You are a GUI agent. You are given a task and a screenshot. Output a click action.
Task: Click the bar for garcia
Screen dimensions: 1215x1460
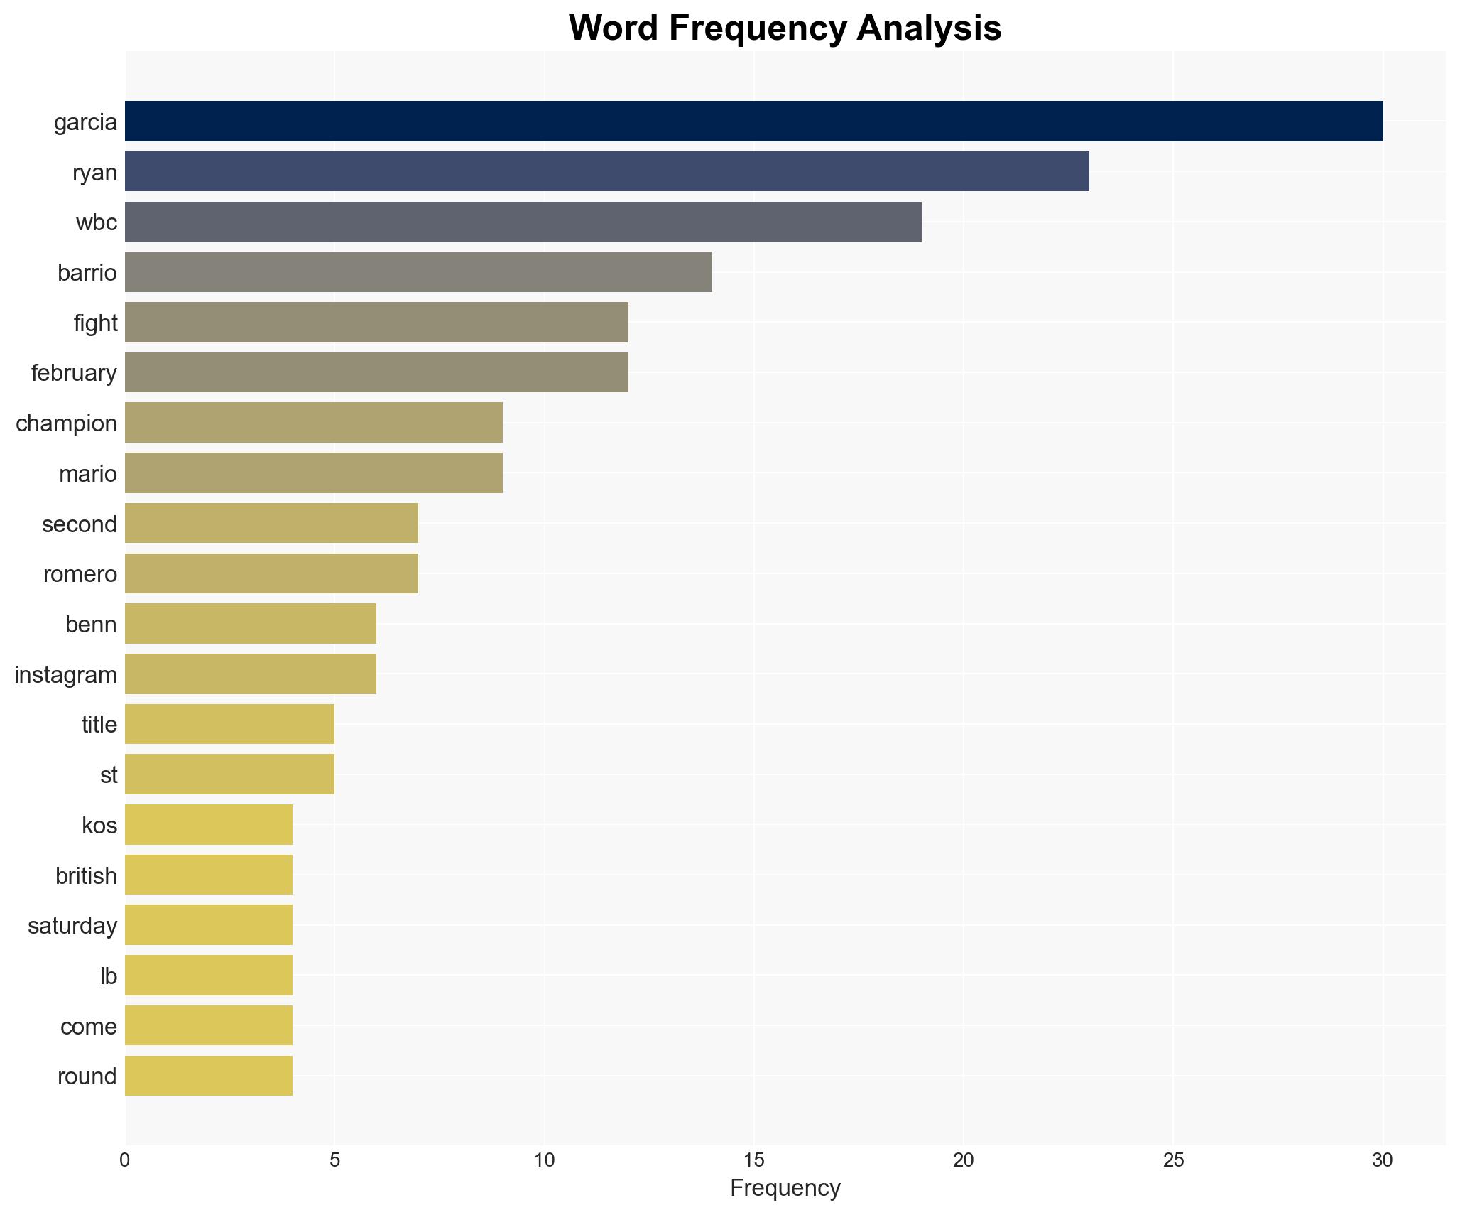pos(753,121)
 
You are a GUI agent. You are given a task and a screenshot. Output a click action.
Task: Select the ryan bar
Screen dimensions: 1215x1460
pos(606,171)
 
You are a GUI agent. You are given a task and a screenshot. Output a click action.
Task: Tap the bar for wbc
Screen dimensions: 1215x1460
pos(523,222)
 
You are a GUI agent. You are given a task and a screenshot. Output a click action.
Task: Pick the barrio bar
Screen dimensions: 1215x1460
pos(418,272)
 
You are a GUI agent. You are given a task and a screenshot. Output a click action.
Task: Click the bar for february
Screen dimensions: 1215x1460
pos(376,372)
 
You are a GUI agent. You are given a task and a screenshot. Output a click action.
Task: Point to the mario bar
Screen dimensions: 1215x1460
pos(313,473)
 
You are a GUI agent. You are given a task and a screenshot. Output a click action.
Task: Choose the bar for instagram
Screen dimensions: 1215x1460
pos(250,674)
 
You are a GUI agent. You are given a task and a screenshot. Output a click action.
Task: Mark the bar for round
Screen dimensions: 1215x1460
pos(208,1076)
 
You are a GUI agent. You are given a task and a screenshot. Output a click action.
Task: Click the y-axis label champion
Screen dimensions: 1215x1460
pos(66,423)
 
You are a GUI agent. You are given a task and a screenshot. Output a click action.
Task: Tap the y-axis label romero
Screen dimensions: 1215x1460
pos(80,574)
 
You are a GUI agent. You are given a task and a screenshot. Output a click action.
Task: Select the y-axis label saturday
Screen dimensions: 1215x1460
pos(72,926)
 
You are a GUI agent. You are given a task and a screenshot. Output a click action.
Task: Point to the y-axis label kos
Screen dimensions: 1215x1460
pos(99,826)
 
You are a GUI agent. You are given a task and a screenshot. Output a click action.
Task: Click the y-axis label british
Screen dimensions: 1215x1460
pos(86,876)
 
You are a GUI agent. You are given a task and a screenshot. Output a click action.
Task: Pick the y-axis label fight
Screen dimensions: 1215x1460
pos(95,323)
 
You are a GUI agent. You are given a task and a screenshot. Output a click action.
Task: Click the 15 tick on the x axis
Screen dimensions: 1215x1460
pos(753,1160)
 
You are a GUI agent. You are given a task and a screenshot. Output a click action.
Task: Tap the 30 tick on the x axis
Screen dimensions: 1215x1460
pos(1382,1160)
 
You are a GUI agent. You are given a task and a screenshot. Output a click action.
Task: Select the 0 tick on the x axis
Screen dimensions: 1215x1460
pos(125,1160)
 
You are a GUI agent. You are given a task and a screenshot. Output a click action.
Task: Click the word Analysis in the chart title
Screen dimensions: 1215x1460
pos(928,28)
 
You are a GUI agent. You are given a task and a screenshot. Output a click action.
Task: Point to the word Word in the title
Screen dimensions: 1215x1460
pos(614,28)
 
